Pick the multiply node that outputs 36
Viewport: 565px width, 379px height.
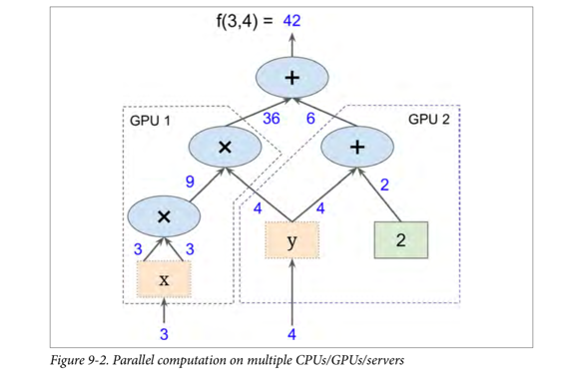click(x=226, y=147)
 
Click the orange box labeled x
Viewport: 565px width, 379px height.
click(x=165, y=282)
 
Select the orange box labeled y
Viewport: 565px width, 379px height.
click(x=292, y=240)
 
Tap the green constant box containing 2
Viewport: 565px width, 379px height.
click(x=399, y=240)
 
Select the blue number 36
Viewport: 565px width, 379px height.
click(x=271, y=118)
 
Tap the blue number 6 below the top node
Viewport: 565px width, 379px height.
click(x=310, y=118)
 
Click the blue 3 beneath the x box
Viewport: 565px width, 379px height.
click(x=165, y=331)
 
